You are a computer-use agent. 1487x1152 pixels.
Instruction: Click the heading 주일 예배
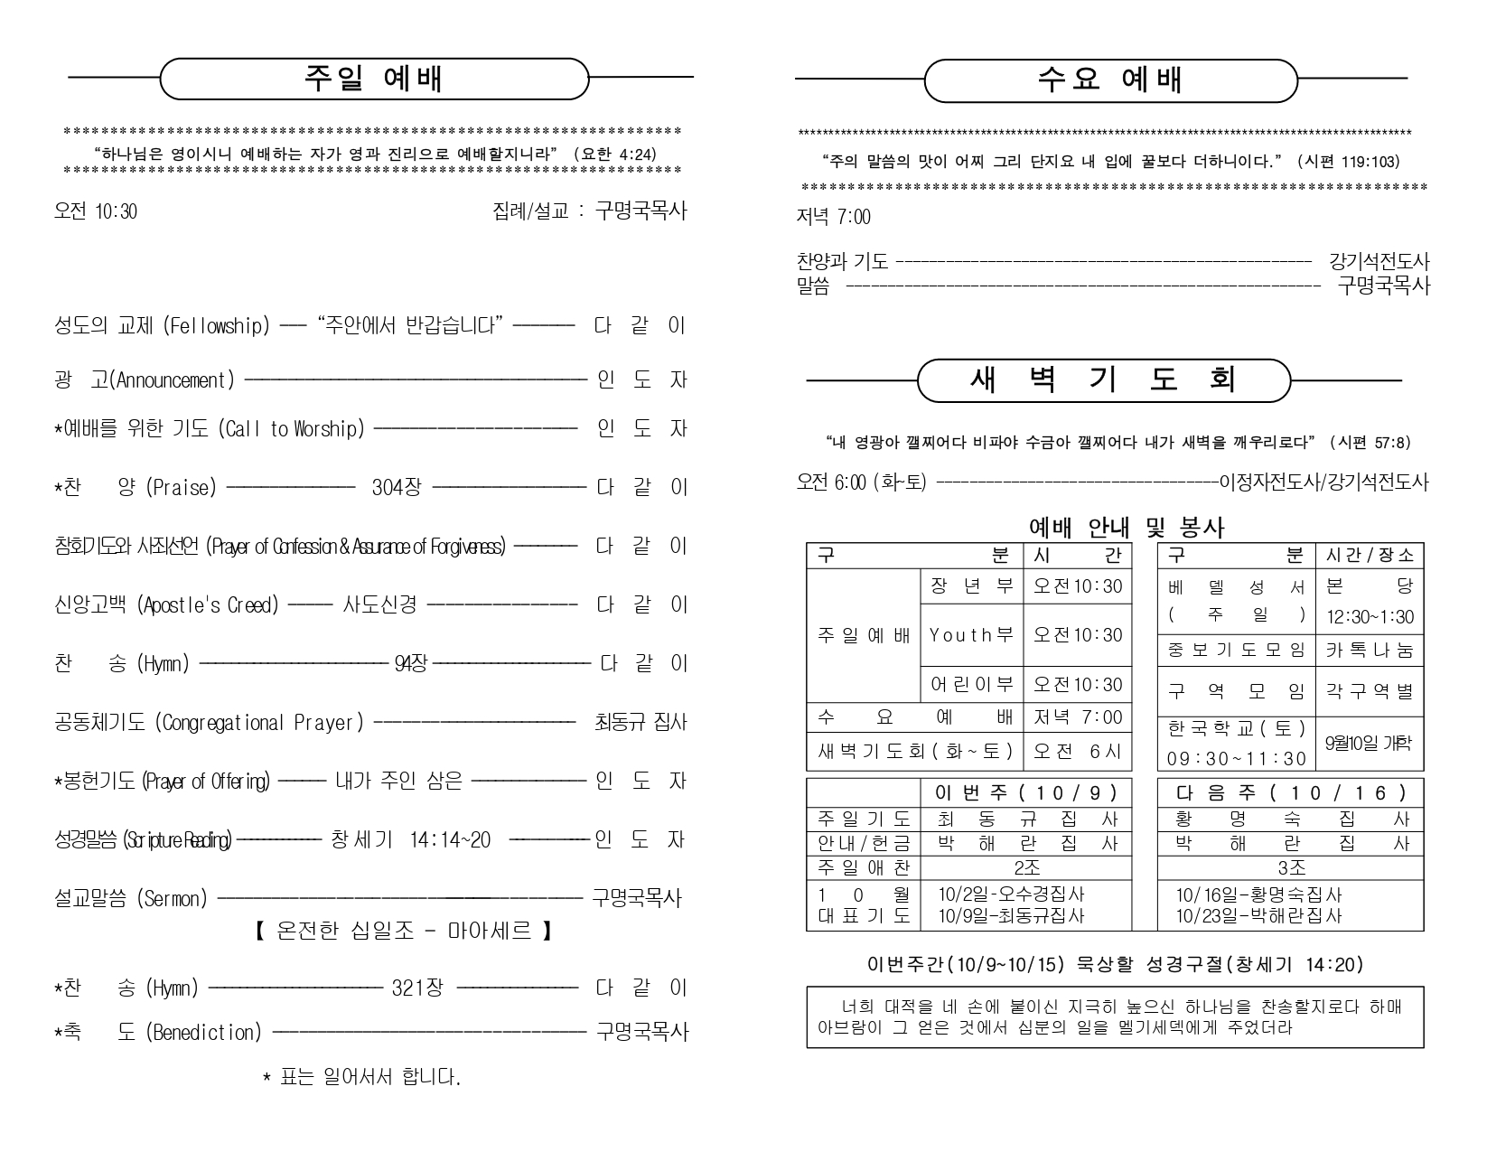coord(373,80)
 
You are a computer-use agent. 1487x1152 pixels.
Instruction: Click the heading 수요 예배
coord(1110,80)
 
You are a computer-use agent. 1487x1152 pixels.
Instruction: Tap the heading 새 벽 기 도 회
coord(1102,380)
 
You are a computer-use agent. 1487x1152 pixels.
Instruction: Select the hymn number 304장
coord(396,488)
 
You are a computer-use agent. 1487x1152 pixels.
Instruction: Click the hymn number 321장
coord(417,988)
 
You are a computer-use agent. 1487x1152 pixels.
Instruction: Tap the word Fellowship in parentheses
coord(217,326)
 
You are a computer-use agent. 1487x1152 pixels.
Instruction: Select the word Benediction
coord(203,1032)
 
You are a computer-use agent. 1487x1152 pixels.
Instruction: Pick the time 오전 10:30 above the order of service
coord(96,211)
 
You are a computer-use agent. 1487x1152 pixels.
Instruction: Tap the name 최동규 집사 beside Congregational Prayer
coord(641,723)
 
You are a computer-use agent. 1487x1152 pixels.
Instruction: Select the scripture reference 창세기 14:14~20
coord(411,840)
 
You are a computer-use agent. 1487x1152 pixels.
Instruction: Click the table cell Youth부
coord(971,635)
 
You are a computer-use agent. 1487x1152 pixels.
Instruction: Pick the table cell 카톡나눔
coord(1369,650)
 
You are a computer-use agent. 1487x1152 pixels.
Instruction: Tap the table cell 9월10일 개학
coord(1369,743)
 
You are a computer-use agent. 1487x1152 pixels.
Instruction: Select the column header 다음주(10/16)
coord(1291,793)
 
